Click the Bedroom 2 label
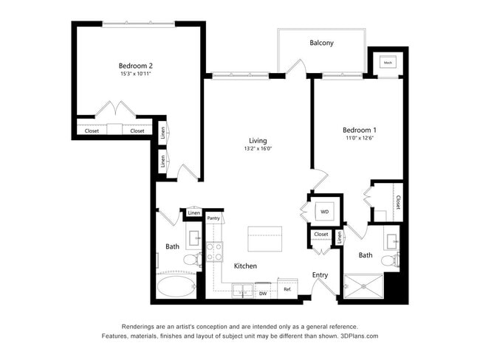(x=135, y=65)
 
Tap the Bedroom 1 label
(x=360, y=129)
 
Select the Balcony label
(x=321, y=43)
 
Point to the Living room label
(x=257, y=140)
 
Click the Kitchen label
(x=245, y=266)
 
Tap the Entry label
(x=320, y=275)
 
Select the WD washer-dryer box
(x=323, y=212)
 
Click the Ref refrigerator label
(x=287, y=289)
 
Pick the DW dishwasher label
(x=263, y=294)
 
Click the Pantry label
(x=213, y=218)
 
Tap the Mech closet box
(x=388, y=63)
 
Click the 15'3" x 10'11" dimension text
(x=135, y=74)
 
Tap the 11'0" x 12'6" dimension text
(x=360, y=138)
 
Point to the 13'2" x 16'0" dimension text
(x=257, y=149)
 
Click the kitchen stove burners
(x=214, y=252)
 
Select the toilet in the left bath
(x=191, y=259)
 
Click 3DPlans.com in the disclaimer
(x=358, y=336)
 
